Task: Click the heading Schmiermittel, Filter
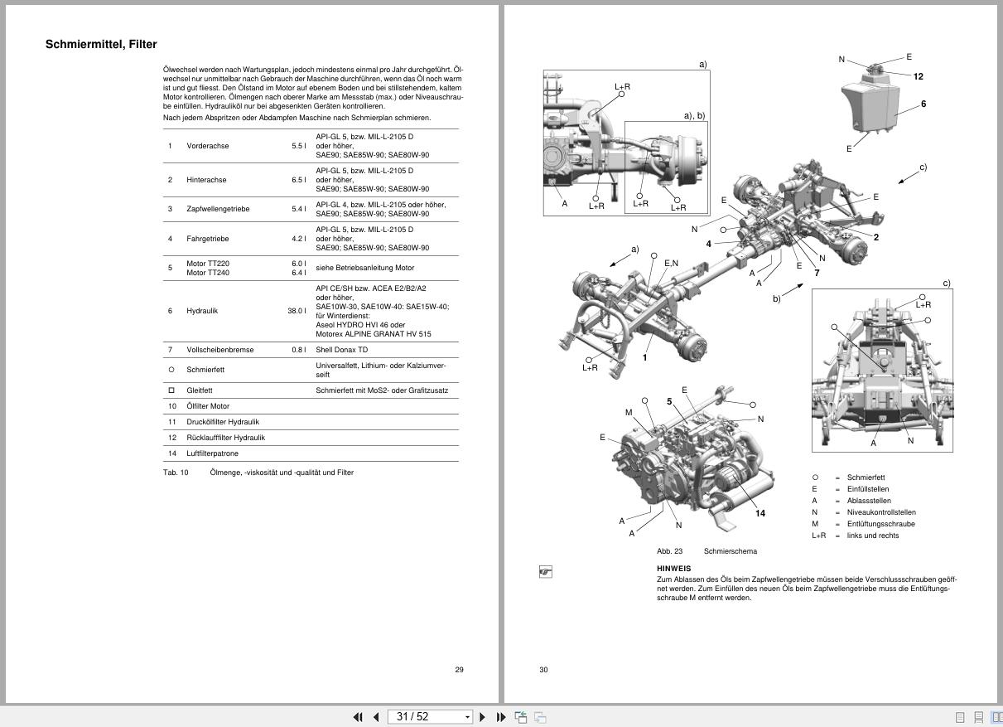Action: coord(101,45)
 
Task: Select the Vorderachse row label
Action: coord(207,146)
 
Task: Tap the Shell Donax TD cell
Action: coord(342,350)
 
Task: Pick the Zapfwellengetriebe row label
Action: coord(218,209)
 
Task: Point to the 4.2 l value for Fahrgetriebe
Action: coord(298,239)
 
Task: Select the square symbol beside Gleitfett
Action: coord(171,390)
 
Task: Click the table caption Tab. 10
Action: coord(176,473)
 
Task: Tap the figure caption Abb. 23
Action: coord(669,551)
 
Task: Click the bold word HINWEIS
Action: coord(673,569)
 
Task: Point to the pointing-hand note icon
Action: coord(545,572)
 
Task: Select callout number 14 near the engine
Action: coord(759,513)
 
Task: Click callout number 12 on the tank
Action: coord(918,76)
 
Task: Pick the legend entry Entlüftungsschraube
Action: coord(880,524)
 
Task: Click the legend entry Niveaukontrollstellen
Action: coord(881,512)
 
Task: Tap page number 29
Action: coord(459,670)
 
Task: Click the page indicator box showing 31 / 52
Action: coord(429,717)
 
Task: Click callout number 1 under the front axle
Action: coord(644,358)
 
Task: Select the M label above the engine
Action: coord(629,413)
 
